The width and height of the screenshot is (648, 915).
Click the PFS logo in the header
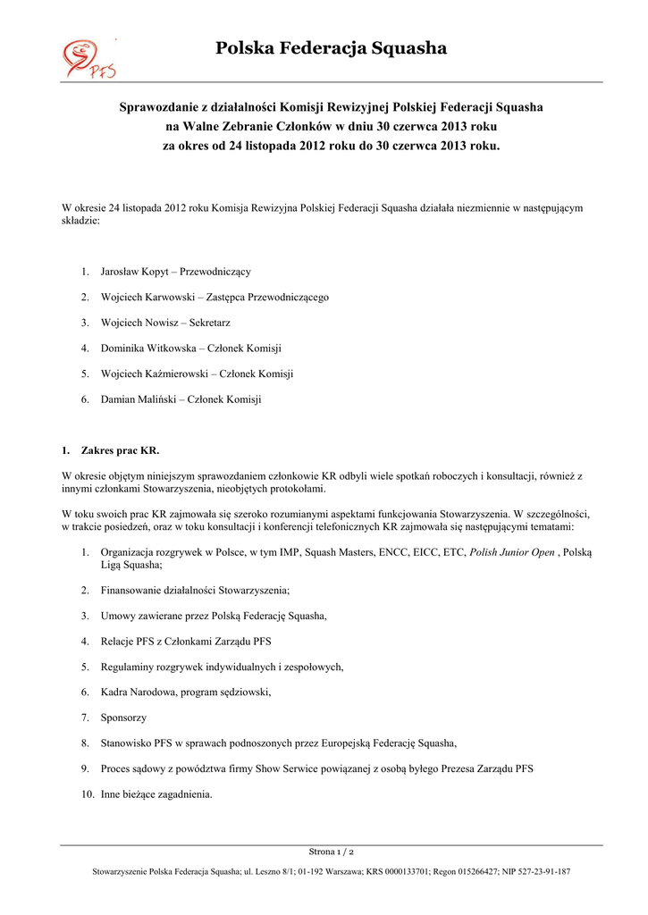click(88, 59)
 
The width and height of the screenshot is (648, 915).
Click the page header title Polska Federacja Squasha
click(331, 48)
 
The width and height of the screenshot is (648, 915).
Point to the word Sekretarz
click(211, 323)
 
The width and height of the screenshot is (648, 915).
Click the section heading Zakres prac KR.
click(120, 450)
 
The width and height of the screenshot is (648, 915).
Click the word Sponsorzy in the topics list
click(123, 718)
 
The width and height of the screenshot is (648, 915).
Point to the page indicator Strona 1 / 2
click(331, 852)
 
